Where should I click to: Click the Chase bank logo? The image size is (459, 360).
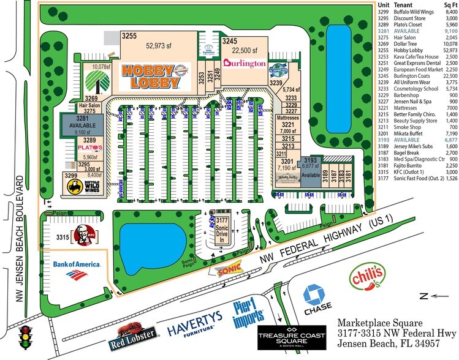317,298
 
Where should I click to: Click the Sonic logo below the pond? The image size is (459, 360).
228,271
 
